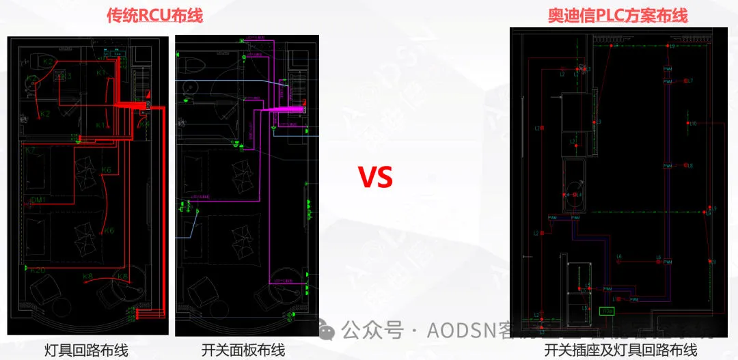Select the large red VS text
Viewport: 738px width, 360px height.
375,178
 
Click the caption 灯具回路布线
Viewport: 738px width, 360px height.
87,350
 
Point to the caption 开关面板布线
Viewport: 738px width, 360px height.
243,350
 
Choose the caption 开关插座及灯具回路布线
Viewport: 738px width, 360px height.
620,350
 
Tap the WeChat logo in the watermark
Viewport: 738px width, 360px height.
328,331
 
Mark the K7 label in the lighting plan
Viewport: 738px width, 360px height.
31,150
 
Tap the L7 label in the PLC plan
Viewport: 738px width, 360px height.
689,81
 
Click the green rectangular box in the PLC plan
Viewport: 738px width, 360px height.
606,311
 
